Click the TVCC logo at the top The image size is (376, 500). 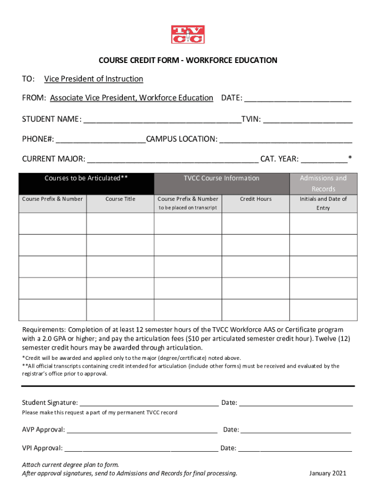coord(188,34)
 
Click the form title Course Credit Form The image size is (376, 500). coord(188,61)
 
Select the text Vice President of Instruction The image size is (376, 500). coord(93,79)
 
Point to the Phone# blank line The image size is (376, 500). coord(101,140)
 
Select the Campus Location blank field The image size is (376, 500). coord(286,140)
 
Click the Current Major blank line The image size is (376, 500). coord(173,160)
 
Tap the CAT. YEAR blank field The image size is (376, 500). coord(324,160)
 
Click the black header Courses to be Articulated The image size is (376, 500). coord(86,178)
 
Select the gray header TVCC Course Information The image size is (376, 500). coord(222,178)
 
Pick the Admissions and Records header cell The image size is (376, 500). coord(323,183)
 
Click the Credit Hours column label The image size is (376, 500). coord(256,199)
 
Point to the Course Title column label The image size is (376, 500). coord(120,199)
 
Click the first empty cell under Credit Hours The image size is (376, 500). coord(256,224)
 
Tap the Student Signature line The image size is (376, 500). coord(149,403)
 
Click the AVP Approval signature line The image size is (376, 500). coord(142,430)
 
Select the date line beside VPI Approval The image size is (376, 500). coord(295,448)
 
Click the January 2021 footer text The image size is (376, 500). coord(328,473)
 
